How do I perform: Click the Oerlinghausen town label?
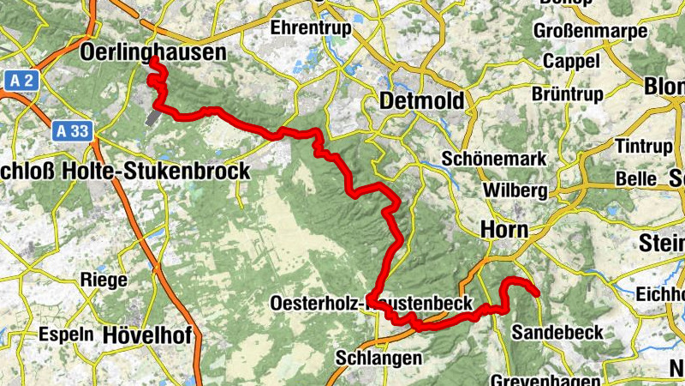tap(153, 52)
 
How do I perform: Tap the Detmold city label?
tap(423, 101)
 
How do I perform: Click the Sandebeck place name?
tap(557, 332)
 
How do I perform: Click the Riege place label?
tap(104, 280)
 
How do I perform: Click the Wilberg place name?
tap(515, 190)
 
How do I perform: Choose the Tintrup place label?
tap(645, 147)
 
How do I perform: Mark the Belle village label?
tap(635, 179)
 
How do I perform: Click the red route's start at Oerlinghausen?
tap(152, 61)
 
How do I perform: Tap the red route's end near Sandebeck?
tap(537, 294)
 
